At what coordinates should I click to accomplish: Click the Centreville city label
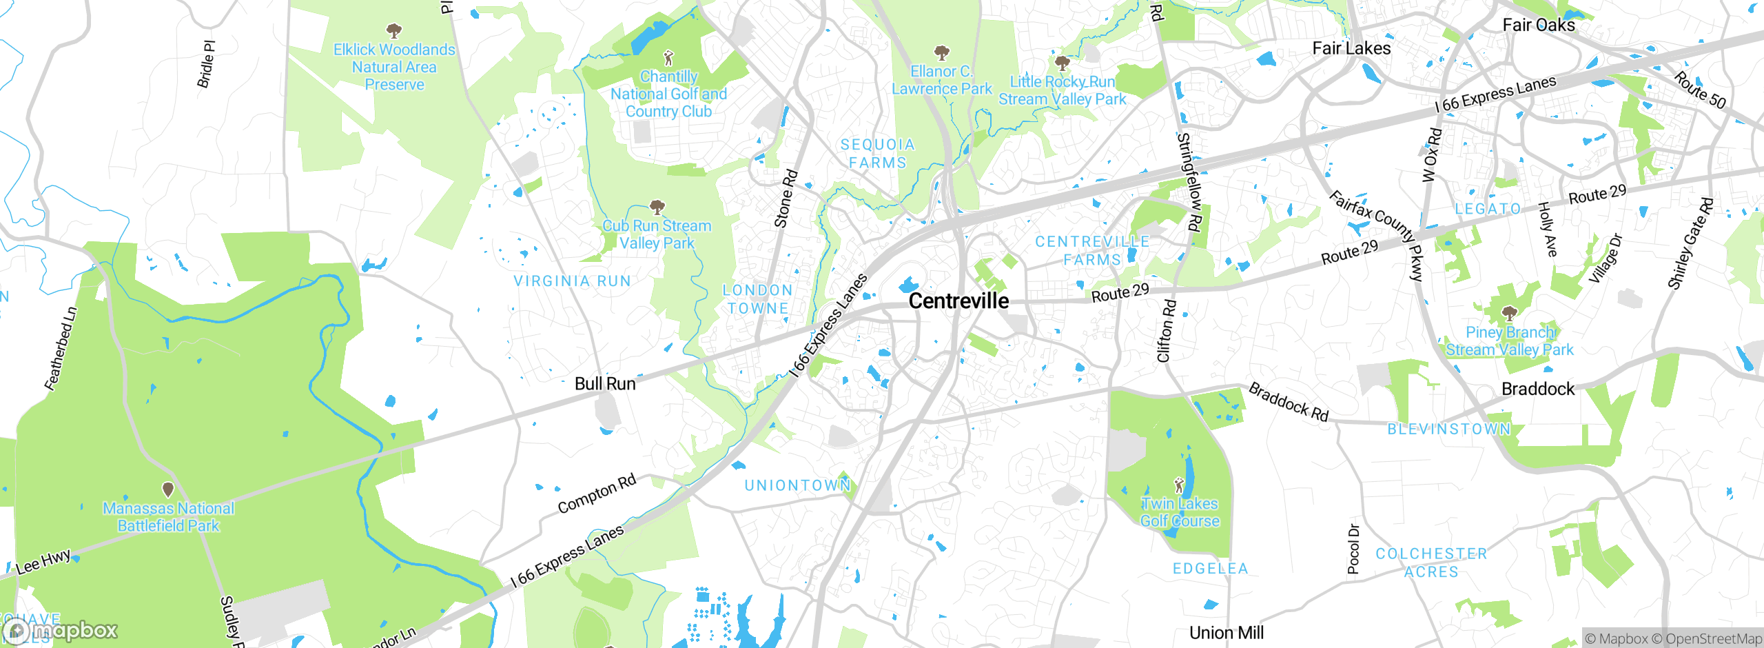click(x=958, y=301)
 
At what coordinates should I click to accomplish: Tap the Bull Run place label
click(x=605, y=384)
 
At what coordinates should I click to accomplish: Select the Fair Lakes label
click(x=1351, y=48)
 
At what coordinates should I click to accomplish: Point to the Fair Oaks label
click(x=1539, y=26)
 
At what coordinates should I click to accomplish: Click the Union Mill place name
click(x=1227, y=633)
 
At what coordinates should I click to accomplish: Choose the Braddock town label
click(x=1538, y=389)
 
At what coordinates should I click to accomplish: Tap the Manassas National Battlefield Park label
click(x=168, y=517)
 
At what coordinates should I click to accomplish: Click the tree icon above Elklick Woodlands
click(x=393, y=30)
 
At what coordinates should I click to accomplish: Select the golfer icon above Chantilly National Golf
click(x=668, y=58)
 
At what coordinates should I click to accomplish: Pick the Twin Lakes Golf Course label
click(x=1180, y=512)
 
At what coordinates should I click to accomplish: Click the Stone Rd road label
click(x=786, y=199)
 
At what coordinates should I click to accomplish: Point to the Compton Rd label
click(x=597, y=494)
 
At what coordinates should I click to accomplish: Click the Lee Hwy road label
click(x=43, y=562)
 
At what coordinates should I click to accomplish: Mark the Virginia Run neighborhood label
click(x=572, y=281)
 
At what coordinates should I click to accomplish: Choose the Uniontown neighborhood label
click(x=798, y=485)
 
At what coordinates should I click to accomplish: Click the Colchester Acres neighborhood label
click(x=1431, y=563)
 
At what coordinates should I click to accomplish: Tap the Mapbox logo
click(x=61, y=630)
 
